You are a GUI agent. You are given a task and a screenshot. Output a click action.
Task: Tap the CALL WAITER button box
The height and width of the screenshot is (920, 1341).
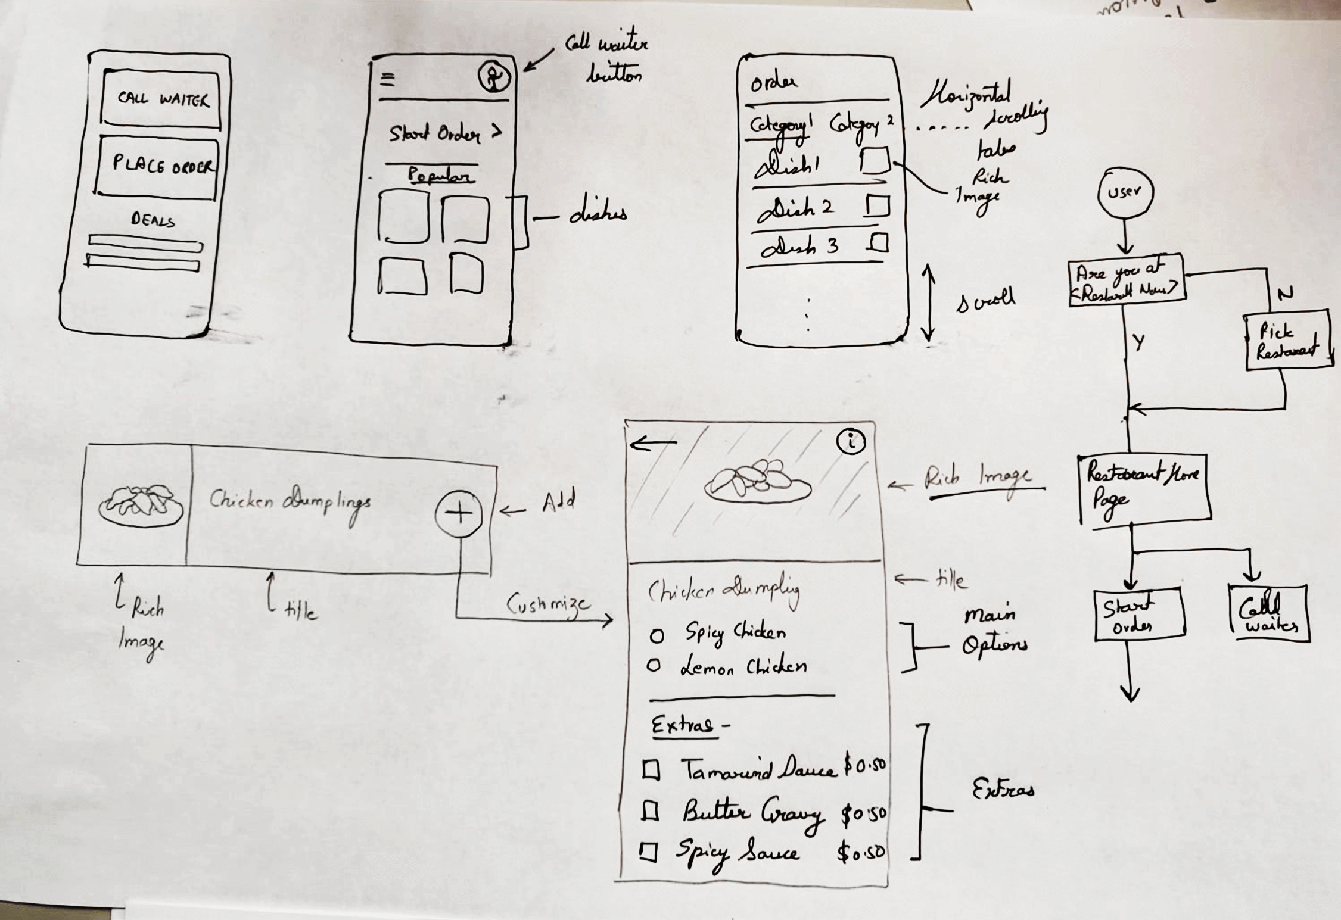point(161,99)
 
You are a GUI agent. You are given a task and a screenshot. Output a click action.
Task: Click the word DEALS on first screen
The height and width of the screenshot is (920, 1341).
point(153,220)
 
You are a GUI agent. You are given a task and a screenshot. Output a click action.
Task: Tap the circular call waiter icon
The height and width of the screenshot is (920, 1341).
point(494,77)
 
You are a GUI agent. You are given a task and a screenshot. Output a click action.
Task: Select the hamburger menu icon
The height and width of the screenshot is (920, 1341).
point(388,79)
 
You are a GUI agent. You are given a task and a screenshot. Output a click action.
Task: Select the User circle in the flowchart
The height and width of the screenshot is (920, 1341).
point(1125,192)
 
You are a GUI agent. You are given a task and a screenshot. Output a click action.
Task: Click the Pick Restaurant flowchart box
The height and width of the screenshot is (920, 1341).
point(1287,340)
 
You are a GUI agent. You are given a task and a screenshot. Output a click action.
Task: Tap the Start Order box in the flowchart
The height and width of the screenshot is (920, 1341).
point(1138,615)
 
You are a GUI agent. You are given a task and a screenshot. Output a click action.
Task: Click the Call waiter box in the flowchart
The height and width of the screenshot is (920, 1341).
point(1268,613)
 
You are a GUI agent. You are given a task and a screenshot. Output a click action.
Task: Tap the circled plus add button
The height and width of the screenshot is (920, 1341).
point(459,513)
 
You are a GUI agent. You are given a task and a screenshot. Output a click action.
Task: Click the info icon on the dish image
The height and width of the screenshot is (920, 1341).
point(851,442)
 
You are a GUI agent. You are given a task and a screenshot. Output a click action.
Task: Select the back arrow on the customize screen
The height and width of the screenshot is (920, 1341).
point(653,443)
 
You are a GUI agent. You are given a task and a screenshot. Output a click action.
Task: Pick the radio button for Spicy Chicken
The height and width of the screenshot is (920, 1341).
point(657,637)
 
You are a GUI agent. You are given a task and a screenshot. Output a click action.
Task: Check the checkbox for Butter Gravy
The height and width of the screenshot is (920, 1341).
point(651,811)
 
